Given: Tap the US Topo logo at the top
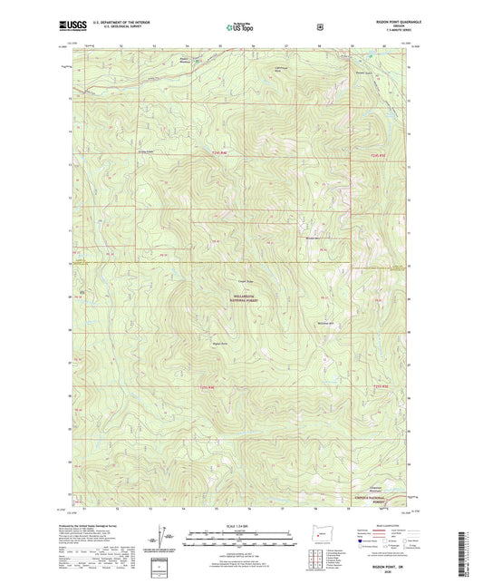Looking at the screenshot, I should tap(240, 28).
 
